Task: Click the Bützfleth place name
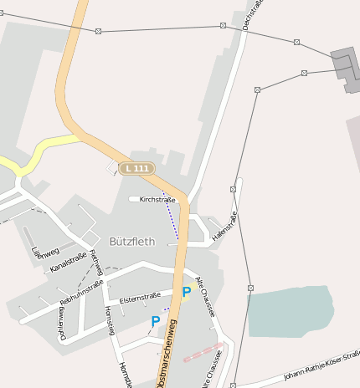coord(132,242)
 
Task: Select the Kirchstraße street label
coord(157,200)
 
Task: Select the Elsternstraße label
coord(140,298)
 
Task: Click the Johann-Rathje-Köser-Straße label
coord(321,369)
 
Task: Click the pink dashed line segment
coord(203,351)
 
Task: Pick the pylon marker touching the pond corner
coord(249,288)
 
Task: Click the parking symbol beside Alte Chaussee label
coord(186,293)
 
